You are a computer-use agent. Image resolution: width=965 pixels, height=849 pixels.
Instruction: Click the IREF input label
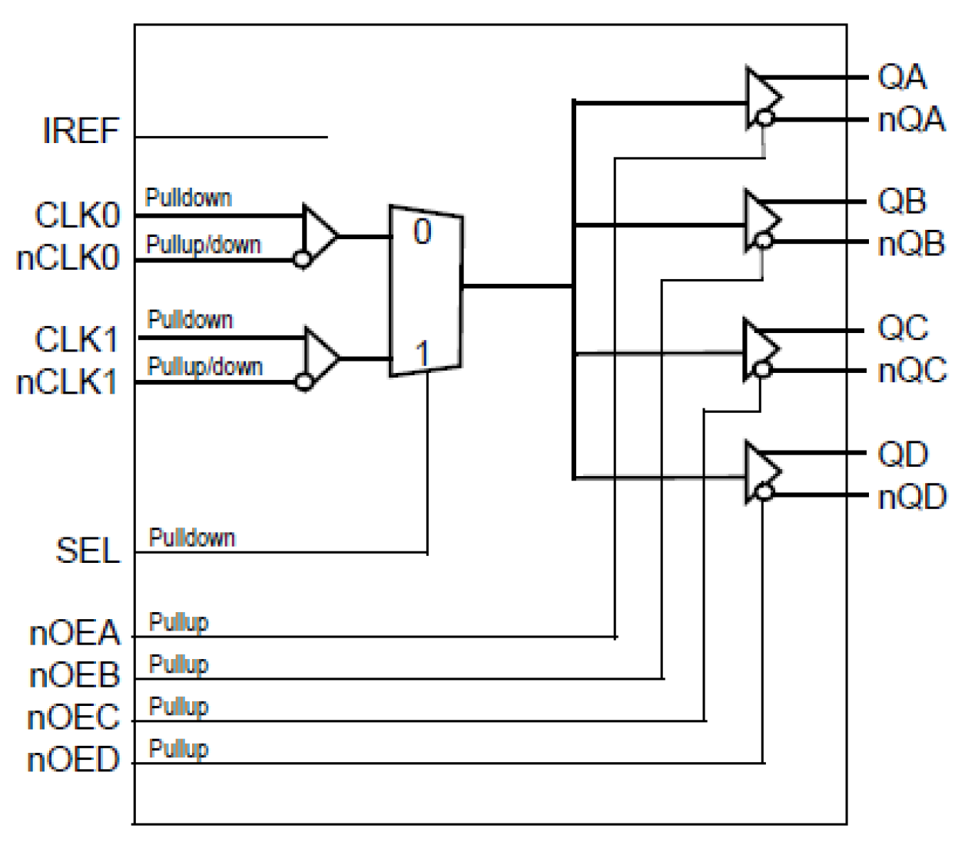81,131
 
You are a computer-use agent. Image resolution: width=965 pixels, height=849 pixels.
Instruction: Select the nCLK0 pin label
68,258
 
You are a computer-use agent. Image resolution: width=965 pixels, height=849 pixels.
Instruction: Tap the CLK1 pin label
76,339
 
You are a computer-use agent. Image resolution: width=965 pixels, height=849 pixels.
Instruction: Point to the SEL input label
88,551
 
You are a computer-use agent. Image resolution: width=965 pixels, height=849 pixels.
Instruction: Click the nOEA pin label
75,634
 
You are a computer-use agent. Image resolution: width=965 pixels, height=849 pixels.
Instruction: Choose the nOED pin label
74,760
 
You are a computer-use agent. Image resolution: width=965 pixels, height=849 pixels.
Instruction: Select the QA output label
902,77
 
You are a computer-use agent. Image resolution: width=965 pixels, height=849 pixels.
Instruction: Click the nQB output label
911,245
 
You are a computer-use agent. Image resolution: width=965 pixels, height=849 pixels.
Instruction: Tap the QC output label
903,328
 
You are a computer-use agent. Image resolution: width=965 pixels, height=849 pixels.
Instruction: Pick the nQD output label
912,498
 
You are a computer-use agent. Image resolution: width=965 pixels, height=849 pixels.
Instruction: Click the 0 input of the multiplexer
422,231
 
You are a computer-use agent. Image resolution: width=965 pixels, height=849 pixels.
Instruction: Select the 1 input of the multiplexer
422,354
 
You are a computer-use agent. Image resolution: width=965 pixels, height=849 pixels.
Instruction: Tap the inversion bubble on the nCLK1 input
304,381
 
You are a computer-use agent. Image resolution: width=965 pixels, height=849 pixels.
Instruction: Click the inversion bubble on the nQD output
763,492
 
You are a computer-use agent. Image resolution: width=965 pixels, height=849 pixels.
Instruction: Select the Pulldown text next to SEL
191,538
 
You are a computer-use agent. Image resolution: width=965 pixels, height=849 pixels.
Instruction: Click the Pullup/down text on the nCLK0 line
204,245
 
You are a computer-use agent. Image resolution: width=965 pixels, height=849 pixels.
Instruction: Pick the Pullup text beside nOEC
178,706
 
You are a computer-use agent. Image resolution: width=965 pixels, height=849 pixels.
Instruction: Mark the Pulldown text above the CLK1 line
190,319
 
